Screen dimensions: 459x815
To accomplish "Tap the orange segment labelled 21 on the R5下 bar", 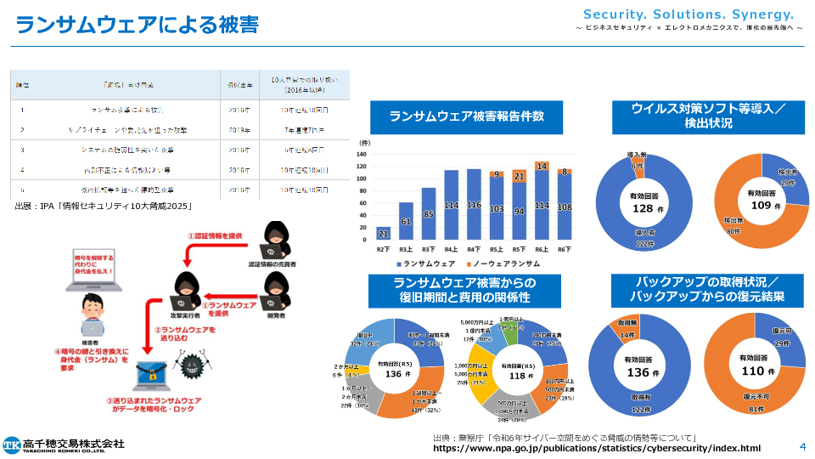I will click(x=519, y=176).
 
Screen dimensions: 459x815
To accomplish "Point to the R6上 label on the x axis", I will click(x=542, y=250).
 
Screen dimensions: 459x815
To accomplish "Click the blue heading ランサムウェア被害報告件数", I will click(x=466, y=117).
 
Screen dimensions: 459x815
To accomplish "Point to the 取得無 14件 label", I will click(x=627, y=331).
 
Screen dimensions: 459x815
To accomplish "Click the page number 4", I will click(x=801, y=445).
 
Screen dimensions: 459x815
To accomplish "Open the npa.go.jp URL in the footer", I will click(x=597, y=448).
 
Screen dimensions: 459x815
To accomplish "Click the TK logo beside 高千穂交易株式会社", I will click(x=12, y=445).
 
